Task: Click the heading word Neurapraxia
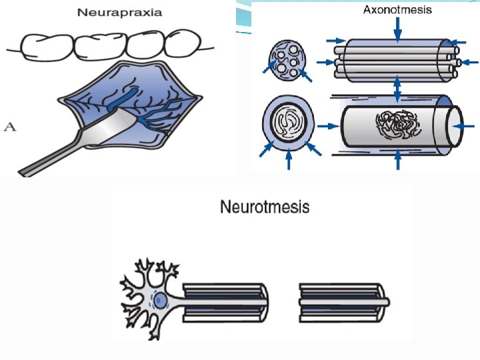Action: pos(120,13)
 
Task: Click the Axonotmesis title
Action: pos(397,9)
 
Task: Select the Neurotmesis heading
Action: pos(265,207)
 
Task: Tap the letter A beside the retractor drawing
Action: pos(10,125)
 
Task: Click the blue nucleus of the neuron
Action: pos(161,299)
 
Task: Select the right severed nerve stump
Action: pos(340,299)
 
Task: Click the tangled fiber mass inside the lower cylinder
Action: pos(398,125)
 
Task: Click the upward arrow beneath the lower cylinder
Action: pos(397,160)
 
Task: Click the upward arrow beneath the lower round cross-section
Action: pos(287,161)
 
